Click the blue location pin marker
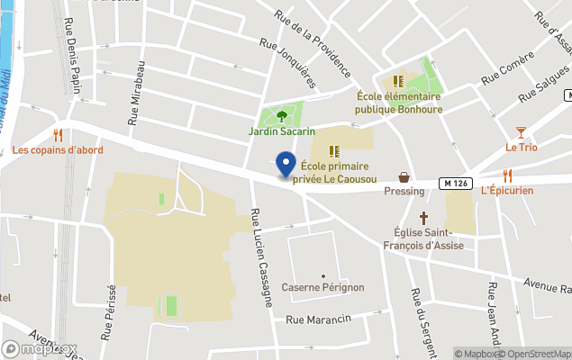click(286, 165)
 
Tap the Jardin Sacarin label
click(282, 131)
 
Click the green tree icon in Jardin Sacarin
click(282, 115)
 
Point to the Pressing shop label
click(404, 191)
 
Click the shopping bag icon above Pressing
click(404, 176)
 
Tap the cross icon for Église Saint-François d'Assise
click(424, 217)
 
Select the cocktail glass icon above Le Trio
click(521, 132)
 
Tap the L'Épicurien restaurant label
click(507, 190)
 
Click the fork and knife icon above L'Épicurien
click(507, 175)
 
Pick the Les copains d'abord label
click(59, 149)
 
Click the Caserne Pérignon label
click(322, 287)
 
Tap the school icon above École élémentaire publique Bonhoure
click(398, 81)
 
